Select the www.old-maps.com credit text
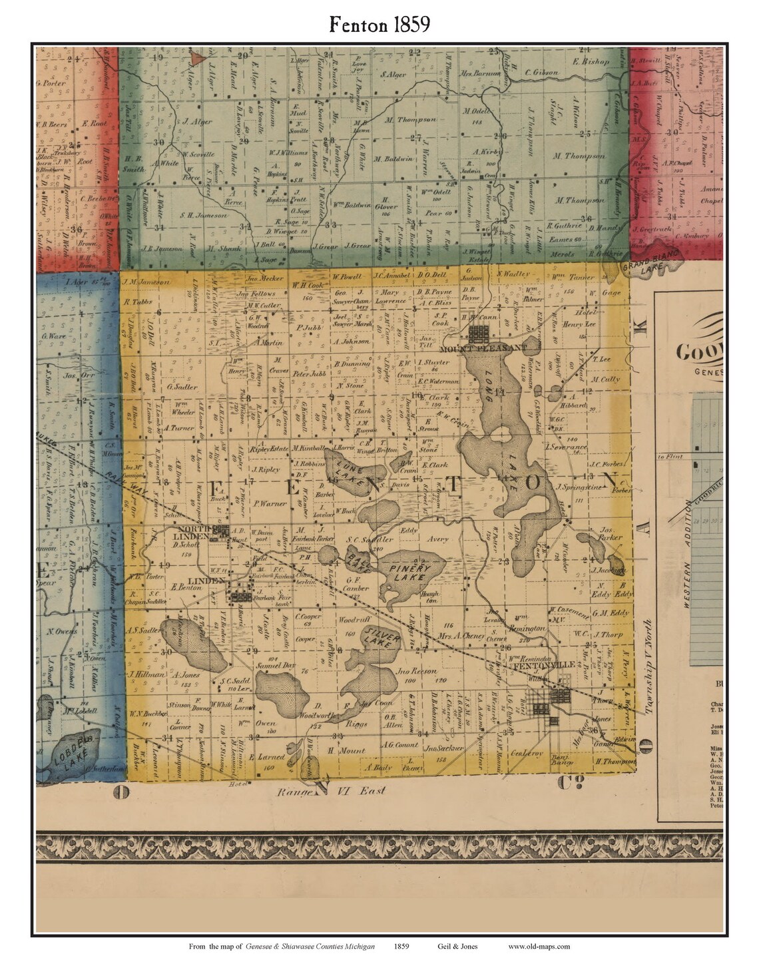coord(538,946)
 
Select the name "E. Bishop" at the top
coord(590,61)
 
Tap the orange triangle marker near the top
coord(196,59)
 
